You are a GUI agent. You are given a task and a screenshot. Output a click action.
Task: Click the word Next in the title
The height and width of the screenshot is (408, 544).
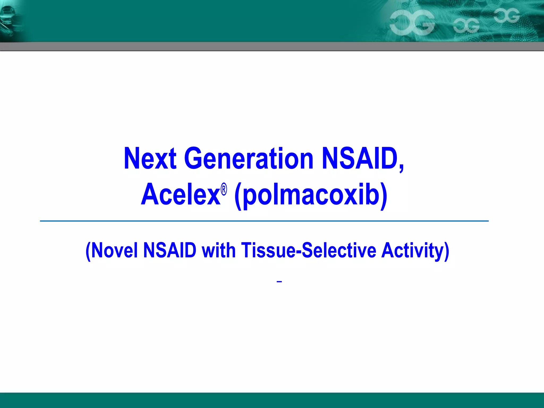click(150, 159)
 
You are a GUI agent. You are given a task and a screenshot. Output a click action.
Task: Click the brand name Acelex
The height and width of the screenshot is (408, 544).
click(181, 195)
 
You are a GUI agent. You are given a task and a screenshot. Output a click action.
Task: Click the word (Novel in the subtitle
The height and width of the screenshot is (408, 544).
click(111, 250)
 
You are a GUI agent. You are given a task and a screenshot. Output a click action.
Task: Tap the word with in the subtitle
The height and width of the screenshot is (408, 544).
click(218, 250)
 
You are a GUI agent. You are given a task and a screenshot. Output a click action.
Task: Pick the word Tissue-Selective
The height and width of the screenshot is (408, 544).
click(308, 250)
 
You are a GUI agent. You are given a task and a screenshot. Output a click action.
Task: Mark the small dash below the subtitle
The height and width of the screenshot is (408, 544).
click(279, 282)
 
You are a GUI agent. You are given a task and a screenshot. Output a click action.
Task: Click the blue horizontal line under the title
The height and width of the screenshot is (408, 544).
click(264, 221)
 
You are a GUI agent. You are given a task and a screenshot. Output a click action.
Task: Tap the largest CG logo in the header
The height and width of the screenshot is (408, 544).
click(412, 23)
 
